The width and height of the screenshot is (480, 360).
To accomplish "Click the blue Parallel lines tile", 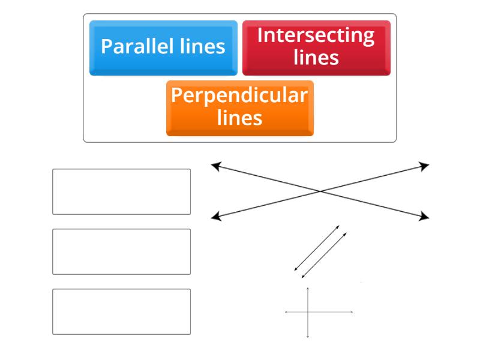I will click(x=163, y=48).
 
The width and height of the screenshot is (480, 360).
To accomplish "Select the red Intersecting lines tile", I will click(x=316, y=48).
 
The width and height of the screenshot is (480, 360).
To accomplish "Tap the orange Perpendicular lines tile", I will click(x=239, y=109).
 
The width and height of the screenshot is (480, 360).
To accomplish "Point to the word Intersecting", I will click(x=316, y=35).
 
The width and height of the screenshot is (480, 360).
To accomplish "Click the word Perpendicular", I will click(x=239, y=95).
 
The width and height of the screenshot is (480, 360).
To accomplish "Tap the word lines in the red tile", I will click(x=316, y=58).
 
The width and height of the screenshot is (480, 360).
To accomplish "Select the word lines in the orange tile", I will click(x=240, y=118).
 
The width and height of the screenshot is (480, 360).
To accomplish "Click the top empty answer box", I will click(x=121, y=191).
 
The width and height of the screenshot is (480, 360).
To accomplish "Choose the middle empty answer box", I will click(x=121, y=251).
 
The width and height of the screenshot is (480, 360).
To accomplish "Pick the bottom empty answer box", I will click(x=121, y=311).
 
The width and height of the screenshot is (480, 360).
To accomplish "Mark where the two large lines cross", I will click(x=320, y=191).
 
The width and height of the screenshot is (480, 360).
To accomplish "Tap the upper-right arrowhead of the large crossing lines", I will click(x=425, y=166).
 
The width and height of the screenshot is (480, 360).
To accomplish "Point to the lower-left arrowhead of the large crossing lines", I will click(x=214, y=216).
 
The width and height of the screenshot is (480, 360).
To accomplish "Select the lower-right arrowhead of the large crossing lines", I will click(x=425, y=216).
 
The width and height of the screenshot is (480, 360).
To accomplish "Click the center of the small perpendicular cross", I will click(x=308, y=312).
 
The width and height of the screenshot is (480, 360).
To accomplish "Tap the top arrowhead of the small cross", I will click(x=308, y=289).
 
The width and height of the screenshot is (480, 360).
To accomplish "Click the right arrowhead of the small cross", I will click(x=352, y=312).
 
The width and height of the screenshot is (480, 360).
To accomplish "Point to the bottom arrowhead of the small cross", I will click(x=308, y=337).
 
